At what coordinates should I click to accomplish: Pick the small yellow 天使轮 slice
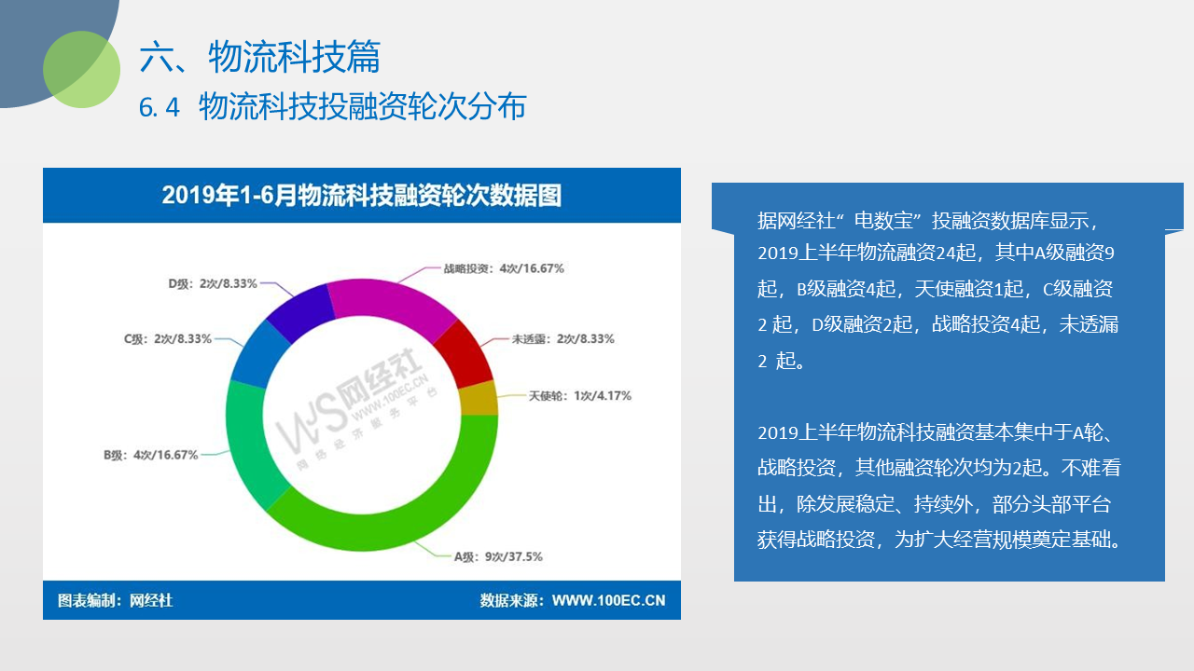pyautogui.click(x=479, y=398)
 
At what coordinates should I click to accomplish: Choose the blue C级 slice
pyautogui.click(x=258, y=354)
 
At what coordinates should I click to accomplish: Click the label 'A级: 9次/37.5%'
pyautogui.click(x=498, y=557)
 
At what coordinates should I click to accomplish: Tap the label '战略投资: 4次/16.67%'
pyautogui.click(x=504, y=268)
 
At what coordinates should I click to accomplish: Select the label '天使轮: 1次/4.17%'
pyautogui.click(x=580, y=396)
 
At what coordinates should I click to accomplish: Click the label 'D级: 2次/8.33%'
pyautogui.click(x=213, y=283)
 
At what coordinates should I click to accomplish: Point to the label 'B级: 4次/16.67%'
pyautogui.click(x=151, y=455)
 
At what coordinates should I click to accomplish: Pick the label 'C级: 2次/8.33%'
pyautogui.click(x=168, y=338)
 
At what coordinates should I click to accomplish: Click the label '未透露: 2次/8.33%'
pyautogui.click(x=562, y=338)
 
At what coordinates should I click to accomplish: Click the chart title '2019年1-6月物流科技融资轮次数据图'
pyautogui.click(x=361, y=196)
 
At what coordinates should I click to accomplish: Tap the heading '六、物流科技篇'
pyautogui.click(x=259, y=57)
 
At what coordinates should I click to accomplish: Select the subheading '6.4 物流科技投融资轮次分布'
pyautogui.click(x=333, y=106)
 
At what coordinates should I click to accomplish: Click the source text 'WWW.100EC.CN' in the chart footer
pyautogui.click(x=609, y=601)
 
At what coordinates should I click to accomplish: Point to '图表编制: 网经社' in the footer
pyautogui.click(x=115, y=601)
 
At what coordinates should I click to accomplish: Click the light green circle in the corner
pyautogui.click(x=81, y=69)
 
